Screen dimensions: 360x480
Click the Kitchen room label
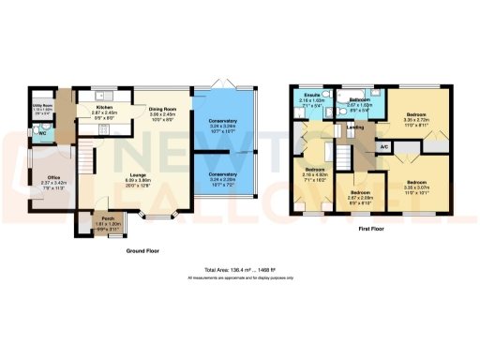pos(104,107)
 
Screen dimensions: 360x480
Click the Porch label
pos(109,218)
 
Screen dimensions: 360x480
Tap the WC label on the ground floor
pos(41,132)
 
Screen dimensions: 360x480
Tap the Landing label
pos(354,127)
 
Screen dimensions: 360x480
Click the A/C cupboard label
pos(384,147)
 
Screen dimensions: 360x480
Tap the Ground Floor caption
pos(144,251)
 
